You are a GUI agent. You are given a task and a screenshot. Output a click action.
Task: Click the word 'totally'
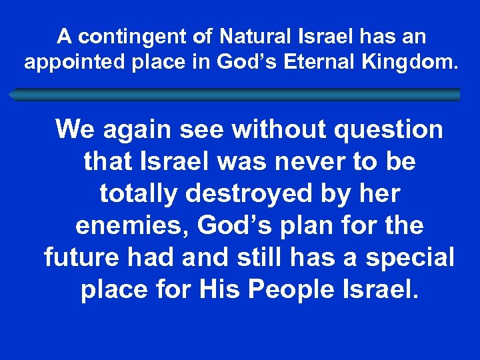click(x=139, y=194)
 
